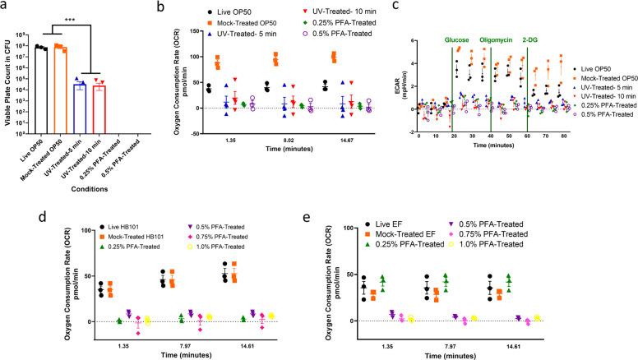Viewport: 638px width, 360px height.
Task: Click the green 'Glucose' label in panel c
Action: pyautogui.click(x=460, y=39)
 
